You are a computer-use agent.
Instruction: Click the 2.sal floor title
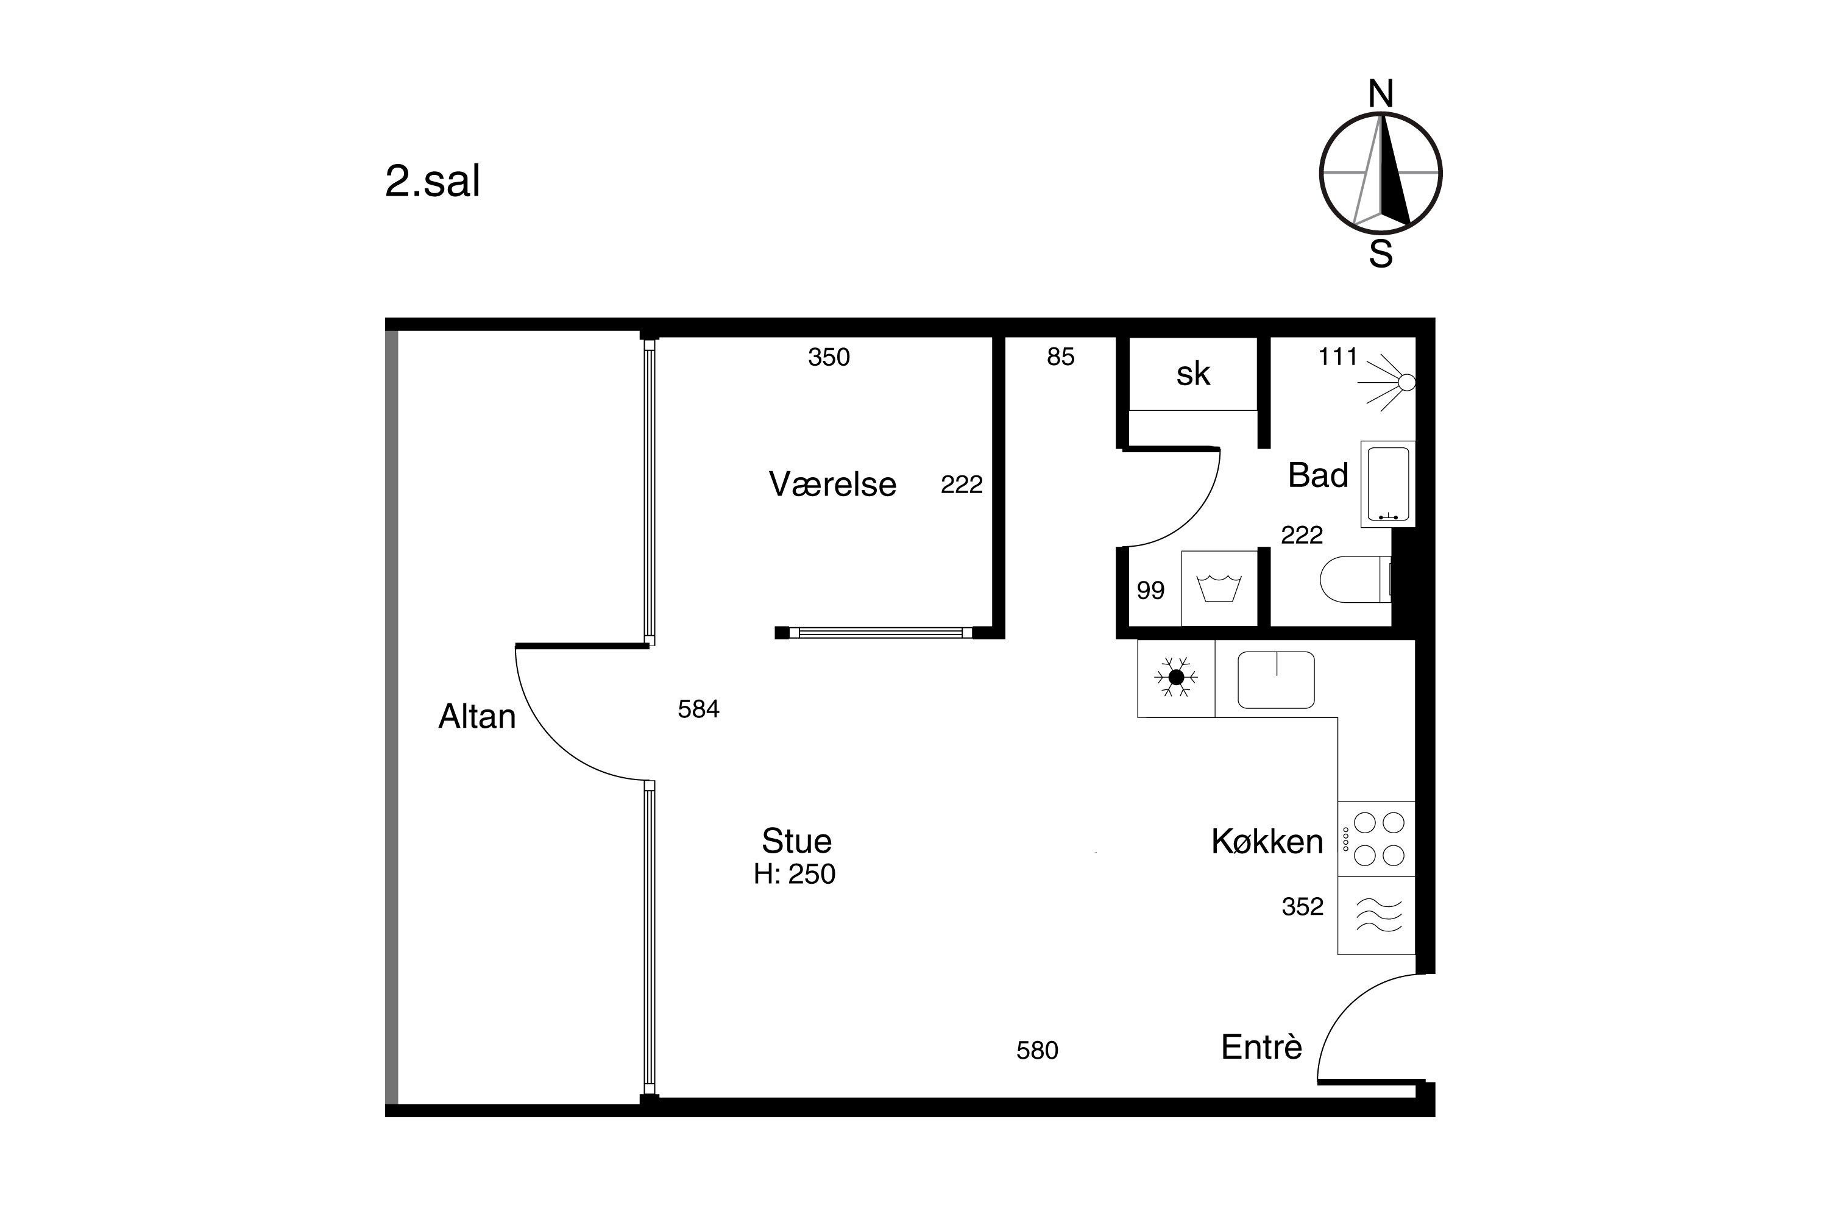(x=432, y=182)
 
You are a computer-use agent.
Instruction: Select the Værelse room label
(x=832, y=485)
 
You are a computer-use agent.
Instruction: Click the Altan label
(x=477, y=716)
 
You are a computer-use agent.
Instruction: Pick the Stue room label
(x=796, y=841)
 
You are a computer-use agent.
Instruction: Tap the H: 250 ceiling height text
(x=795, y=874)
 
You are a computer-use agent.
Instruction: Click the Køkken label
(x=1267, y=841)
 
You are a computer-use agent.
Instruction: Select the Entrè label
(x=1261, y=1047)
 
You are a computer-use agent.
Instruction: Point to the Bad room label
(x=1318, y=475)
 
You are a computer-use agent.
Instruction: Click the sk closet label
(x=1193, y=374)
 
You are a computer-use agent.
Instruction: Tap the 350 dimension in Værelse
(x=829, y=357)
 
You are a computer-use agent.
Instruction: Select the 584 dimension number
(x=699, y=709)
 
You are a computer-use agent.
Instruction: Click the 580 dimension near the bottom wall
(x=1037, y=1050)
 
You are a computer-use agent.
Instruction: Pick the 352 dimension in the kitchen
(x=1303, y=906)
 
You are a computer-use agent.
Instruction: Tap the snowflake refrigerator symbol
(x=1176, y=678)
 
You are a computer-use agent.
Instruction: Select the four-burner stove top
(x=1376, y=839)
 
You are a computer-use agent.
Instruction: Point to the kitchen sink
(x=1276, y=680)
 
